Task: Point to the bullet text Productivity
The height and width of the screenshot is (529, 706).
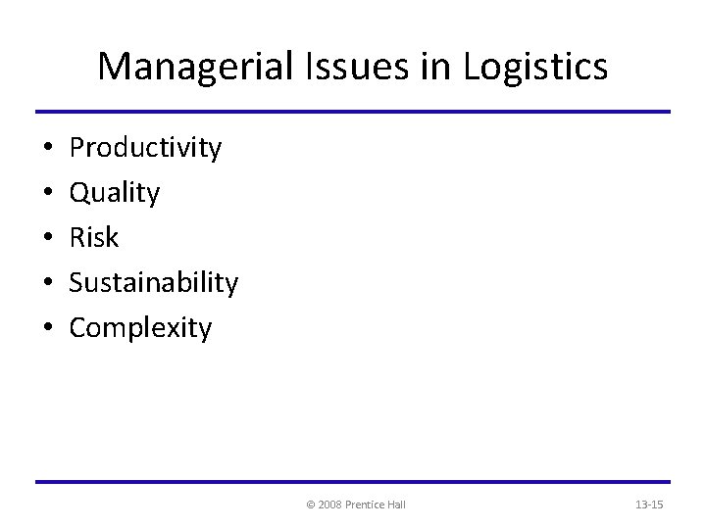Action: point(146,149)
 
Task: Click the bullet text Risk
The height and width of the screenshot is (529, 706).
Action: point(94,238)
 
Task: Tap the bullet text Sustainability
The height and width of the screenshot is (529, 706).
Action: point(154,283)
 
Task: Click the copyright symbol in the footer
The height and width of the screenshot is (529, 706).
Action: point(311,505)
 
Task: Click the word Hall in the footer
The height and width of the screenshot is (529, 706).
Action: point(397,505)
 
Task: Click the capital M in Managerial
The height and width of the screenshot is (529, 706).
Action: point(113,67)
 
